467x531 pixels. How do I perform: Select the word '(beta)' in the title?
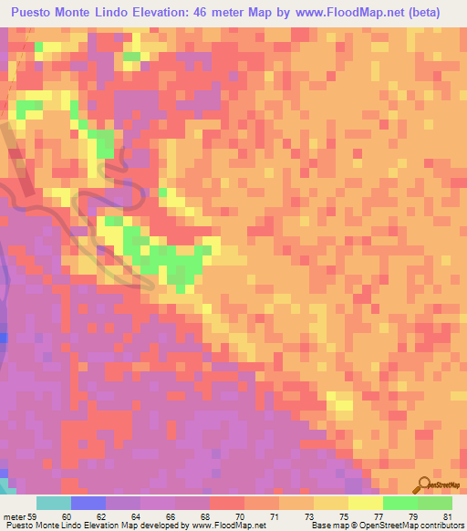click(420, 13)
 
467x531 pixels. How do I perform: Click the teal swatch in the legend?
click(54, 503)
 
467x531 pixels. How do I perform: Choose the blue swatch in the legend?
click(88, 503)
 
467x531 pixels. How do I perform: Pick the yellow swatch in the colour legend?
click(365, 503)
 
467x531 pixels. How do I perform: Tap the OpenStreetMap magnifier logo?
click(423, 484)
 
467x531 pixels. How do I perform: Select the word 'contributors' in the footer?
click(439, 526)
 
